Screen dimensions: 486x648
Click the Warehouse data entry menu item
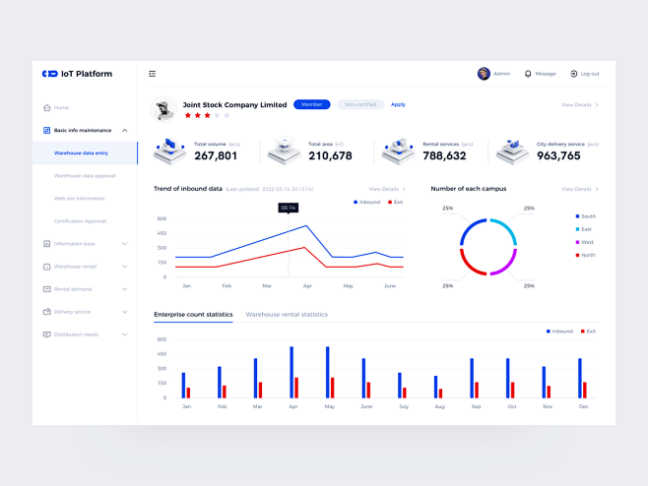pos(81,152)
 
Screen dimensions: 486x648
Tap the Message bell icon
pos(528,74)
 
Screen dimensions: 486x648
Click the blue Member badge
pos(311,104)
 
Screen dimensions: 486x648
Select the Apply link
pos(398,104)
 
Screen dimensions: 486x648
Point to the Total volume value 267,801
pos(216,155)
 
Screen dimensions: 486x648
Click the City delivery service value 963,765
pos(558,155)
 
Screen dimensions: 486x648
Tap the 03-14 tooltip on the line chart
pos(288,208)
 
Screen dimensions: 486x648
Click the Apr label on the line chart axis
pos(307,285)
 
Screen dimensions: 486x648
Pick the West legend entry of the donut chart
pos(587,242)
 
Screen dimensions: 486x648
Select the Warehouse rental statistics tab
pos(287,315)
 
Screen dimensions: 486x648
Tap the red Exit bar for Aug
pos(440,393)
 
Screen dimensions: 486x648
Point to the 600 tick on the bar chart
pos(162,339)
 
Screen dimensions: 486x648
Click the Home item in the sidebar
pos(61,107)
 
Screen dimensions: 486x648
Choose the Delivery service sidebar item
pos(72,312)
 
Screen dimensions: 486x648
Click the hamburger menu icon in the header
pos(152,74)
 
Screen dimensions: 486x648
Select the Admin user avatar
pos(484,74)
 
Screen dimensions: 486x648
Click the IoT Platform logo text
pos(87,74)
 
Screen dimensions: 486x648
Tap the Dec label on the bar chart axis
pos(583,405)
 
